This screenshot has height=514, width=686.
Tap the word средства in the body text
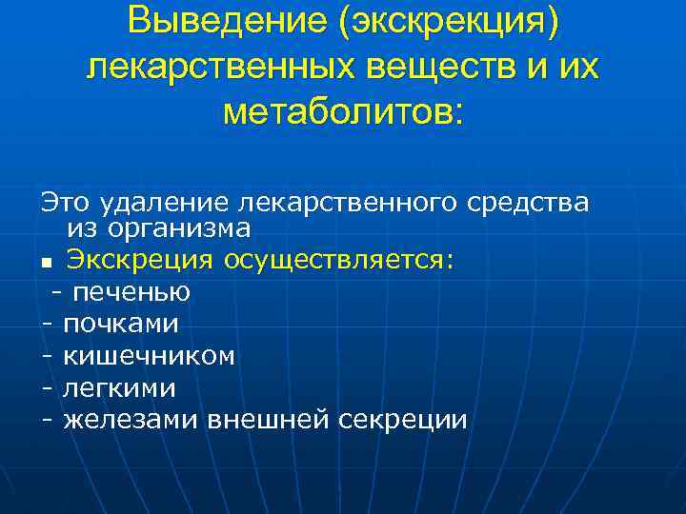pyautogui.click(x=529, y=201)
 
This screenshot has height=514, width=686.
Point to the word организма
pyautogui.click(x=159, y=228)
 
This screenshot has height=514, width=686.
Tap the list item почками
pyautogui.click(x=121, y=324)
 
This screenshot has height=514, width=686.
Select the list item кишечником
pyautogui.click(x=149, y=355)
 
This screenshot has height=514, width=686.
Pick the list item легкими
pyautogui.click(x=119, y=387)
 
